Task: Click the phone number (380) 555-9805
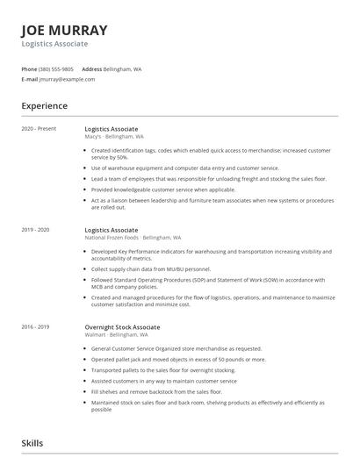56,68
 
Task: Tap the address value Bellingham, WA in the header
122,68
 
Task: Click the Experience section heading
44,105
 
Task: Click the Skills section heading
32,444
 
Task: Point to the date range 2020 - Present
39,129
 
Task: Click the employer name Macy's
94,137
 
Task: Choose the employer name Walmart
96,334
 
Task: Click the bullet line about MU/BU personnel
150,269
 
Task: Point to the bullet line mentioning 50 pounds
177,359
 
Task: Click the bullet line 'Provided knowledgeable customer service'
163,190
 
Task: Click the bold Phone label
29,68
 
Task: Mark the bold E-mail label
29,79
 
